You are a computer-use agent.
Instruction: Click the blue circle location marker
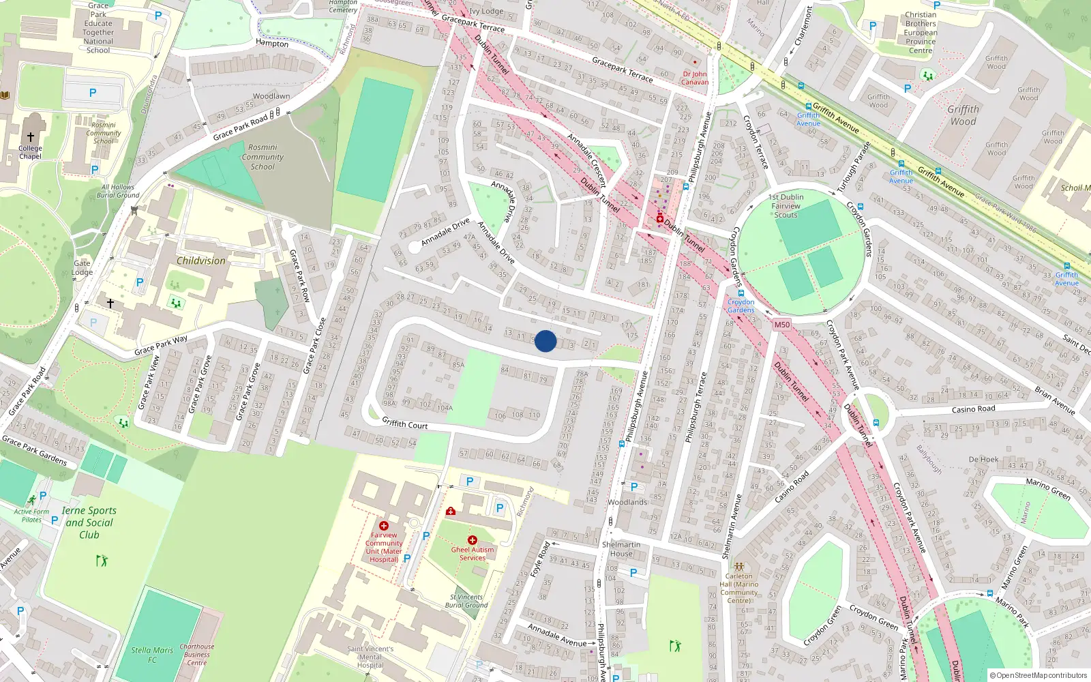click(x=545, y=341)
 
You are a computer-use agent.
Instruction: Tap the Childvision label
click(x=200, y=261)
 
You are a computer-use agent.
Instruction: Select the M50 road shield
click(x=781, y=325)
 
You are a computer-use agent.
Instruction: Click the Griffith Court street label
click(x=404, y=424)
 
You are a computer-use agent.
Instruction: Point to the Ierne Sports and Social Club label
click(x=89, y=522)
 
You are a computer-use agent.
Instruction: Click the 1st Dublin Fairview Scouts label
click(x=786, y=206)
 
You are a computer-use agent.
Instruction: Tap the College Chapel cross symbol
click(x=31, y=137)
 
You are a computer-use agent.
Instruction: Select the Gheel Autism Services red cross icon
click(x=472, y=540)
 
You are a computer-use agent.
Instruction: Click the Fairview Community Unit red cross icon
click(x=384, y=526)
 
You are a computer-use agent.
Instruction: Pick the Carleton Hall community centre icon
click(x=739, y=566)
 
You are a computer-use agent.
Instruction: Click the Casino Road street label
click(x=973, y=409)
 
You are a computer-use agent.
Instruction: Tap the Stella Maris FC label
click(x=152, y=655)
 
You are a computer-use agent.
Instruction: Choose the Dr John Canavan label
click(x=695, y=78)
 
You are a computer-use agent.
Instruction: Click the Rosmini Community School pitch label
click(x=263, y=157)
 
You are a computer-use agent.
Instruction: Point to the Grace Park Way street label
click(x=161, y=345)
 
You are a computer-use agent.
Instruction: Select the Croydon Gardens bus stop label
click(x=741, y=306)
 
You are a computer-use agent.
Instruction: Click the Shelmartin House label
click(x=621, y=549)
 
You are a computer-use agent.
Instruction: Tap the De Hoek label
click(x=983, y=460)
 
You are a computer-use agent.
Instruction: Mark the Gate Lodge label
click(x=82, y=267)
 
